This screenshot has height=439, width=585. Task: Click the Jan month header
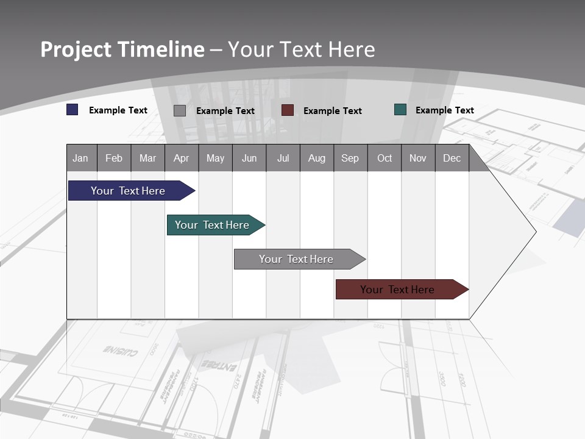81,158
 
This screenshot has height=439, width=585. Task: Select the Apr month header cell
182,158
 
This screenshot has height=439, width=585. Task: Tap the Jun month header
249,158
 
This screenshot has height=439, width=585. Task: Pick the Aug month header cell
317,158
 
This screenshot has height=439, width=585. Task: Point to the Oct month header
385,158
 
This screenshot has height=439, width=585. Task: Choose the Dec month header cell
452,158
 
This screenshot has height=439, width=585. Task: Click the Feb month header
114,158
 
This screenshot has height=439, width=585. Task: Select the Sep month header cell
350,158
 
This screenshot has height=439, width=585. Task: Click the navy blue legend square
73,110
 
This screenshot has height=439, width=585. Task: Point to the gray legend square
180,110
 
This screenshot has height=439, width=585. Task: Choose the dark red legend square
288,110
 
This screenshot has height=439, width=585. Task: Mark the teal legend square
400,110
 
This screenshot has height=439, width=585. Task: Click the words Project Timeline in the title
122,49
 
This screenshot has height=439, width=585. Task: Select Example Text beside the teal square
444,110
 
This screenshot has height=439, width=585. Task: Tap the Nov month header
418,158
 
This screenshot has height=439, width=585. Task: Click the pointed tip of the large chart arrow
534,232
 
